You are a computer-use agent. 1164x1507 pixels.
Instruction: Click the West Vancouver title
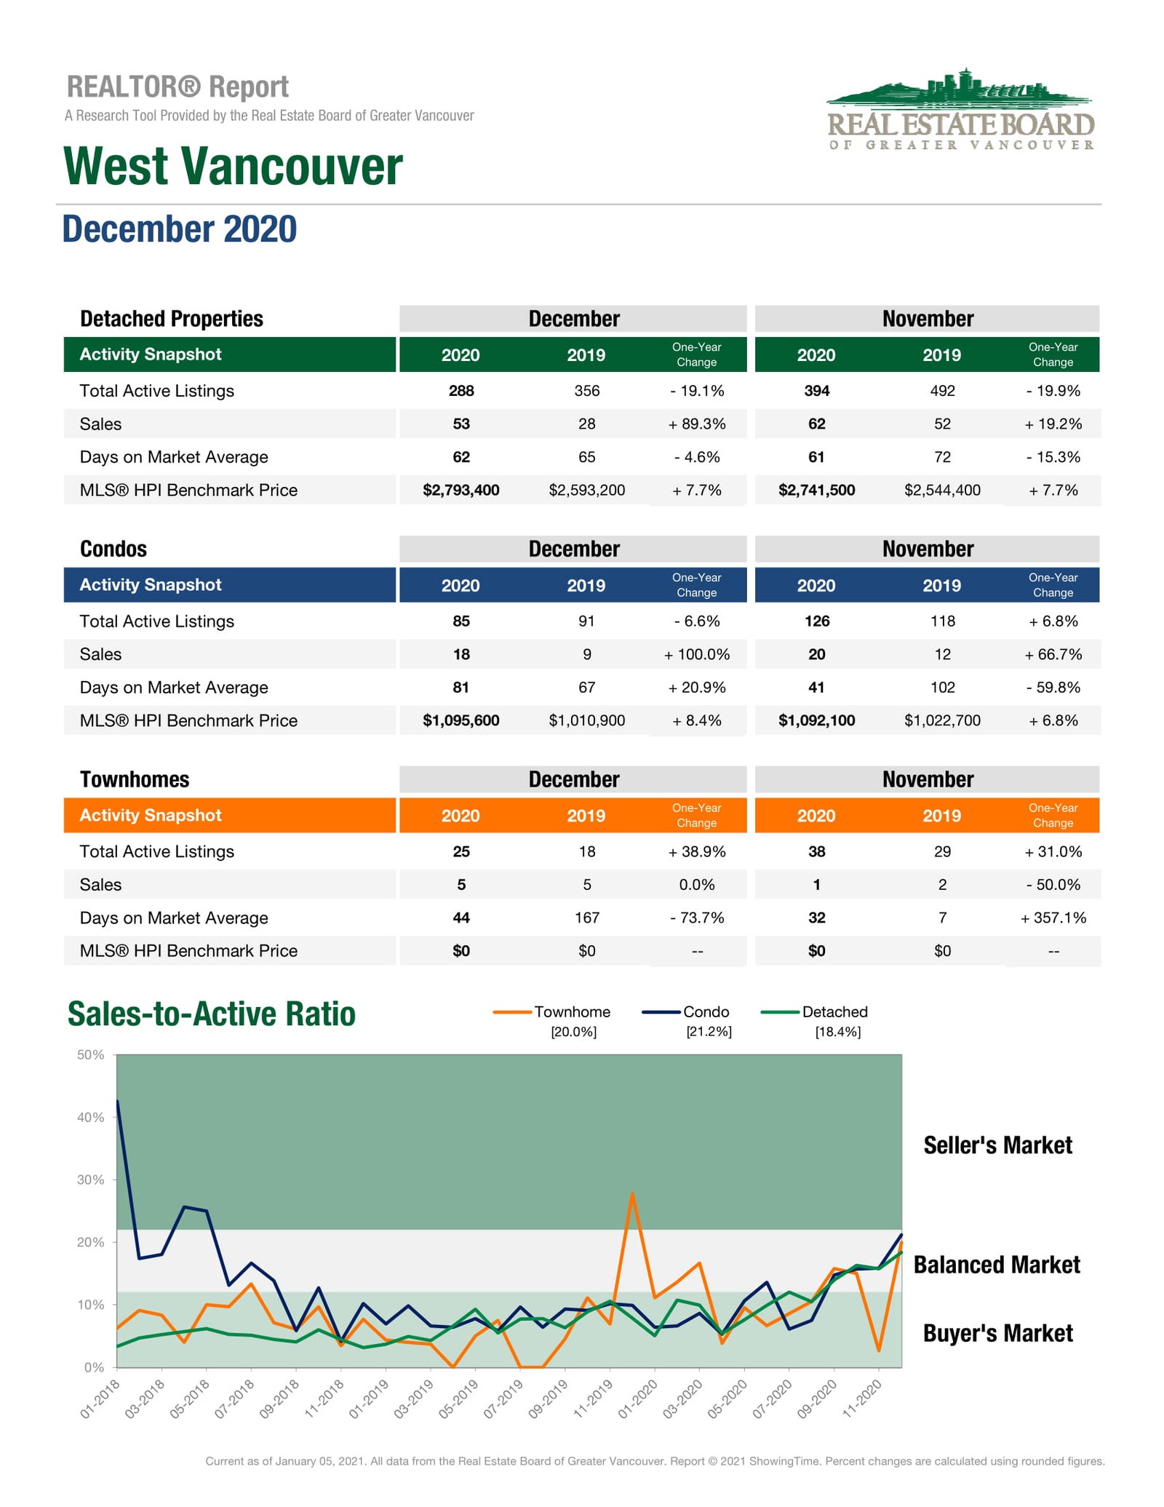pyautogui.click(x=233, y=166)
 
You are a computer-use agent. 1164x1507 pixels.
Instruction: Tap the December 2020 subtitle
pyautogui.click(x=180, y=228)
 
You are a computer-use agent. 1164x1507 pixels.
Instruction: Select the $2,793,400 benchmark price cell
pyautogui.click(x=461, y=490)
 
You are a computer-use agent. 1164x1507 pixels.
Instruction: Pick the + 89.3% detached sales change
pyautogui.click(x=697, y=424)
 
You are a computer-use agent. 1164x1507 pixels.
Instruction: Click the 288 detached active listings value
pyautogui.click(x=461, y=391)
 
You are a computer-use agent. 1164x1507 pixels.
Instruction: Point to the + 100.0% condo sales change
pyautogui.click(x=697, y=654)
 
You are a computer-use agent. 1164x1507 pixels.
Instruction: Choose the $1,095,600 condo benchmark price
pyautogui.click(x=461, y=720)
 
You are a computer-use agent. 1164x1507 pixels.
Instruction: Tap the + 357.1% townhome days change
pyautogui.click(x=1053, y=918)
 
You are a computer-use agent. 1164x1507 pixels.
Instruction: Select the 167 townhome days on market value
pyautogui.click(x=587, y=918)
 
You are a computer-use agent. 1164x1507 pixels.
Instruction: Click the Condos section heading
pyautogui.click(x=113, y=549)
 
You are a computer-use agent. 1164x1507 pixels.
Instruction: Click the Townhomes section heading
pyautogui.click(x=135, y=779)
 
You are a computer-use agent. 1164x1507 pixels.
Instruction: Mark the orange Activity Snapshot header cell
pyautogui.click(x=230, y=815)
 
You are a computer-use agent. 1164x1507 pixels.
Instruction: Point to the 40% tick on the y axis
pyautogui.click(x=91, y=1117)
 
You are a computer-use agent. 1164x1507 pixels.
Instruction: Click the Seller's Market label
pyautogui.click(x=998, y=1145)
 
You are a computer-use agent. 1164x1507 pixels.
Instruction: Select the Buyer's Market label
pyautogui.click(x=998, y=1333)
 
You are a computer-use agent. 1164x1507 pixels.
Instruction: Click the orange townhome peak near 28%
pyautogui.click(x=632, y=1194)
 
